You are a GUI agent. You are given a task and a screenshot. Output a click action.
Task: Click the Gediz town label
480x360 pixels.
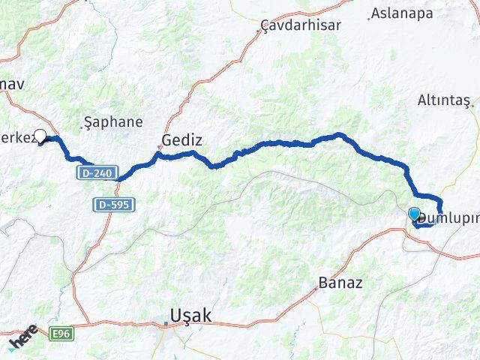pyautogui.click(x=182, y=140)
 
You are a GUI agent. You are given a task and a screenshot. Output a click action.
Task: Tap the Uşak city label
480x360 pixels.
pyautogui.click(x=191, y=316)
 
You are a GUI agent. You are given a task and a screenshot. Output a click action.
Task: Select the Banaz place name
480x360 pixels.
pyautogui.click(x=340, y=283)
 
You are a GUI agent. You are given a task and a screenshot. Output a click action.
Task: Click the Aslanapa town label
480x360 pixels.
pyautogui.click(x=403, y=13)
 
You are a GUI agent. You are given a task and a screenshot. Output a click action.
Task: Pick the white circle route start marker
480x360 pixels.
pyautogui.click(x=40, y=136)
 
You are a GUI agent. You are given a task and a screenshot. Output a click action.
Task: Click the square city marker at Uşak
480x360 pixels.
pyautogui.click(x=166, y=324)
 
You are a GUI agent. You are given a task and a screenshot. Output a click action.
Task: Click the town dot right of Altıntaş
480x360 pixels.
pyautogui.click(x=473, y=104)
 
